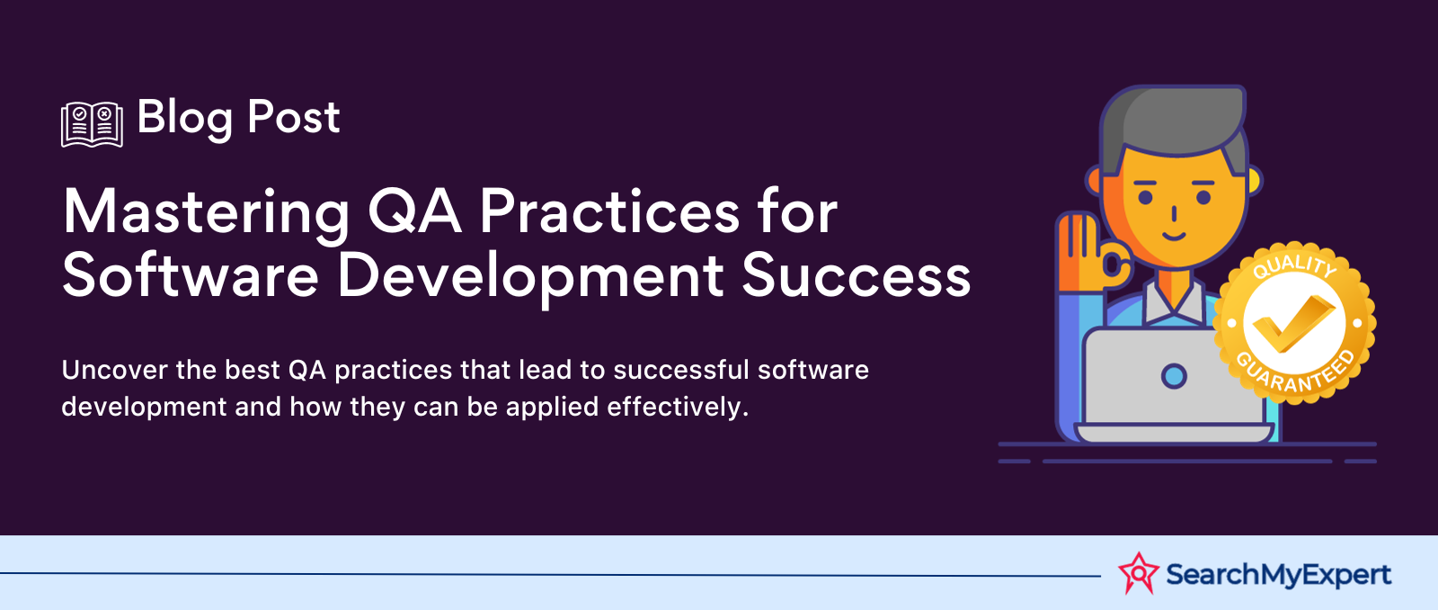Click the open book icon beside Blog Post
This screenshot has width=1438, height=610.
92,124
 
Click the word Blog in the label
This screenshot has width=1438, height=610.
185,120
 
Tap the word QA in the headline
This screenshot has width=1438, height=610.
414,211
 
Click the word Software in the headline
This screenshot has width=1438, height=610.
190,275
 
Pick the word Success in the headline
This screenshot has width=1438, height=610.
857,275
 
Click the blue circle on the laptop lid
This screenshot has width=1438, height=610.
1174,376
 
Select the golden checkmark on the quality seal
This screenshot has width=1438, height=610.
1293,323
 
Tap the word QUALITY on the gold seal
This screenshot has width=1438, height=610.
1294,265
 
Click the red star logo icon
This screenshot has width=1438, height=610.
1139,573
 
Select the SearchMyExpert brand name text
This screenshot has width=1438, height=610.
1278,575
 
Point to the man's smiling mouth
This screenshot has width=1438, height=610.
1174,237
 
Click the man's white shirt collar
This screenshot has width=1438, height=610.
1174,302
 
